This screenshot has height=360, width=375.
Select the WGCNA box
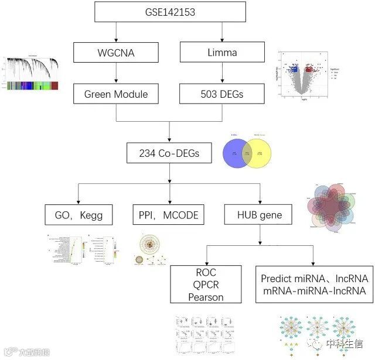click(117, 53)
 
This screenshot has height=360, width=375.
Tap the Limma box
click(222, 53)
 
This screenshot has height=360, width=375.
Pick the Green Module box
click(117, 94)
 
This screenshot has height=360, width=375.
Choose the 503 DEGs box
click(222, 94)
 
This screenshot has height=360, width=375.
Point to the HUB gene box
click(260, 215)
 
